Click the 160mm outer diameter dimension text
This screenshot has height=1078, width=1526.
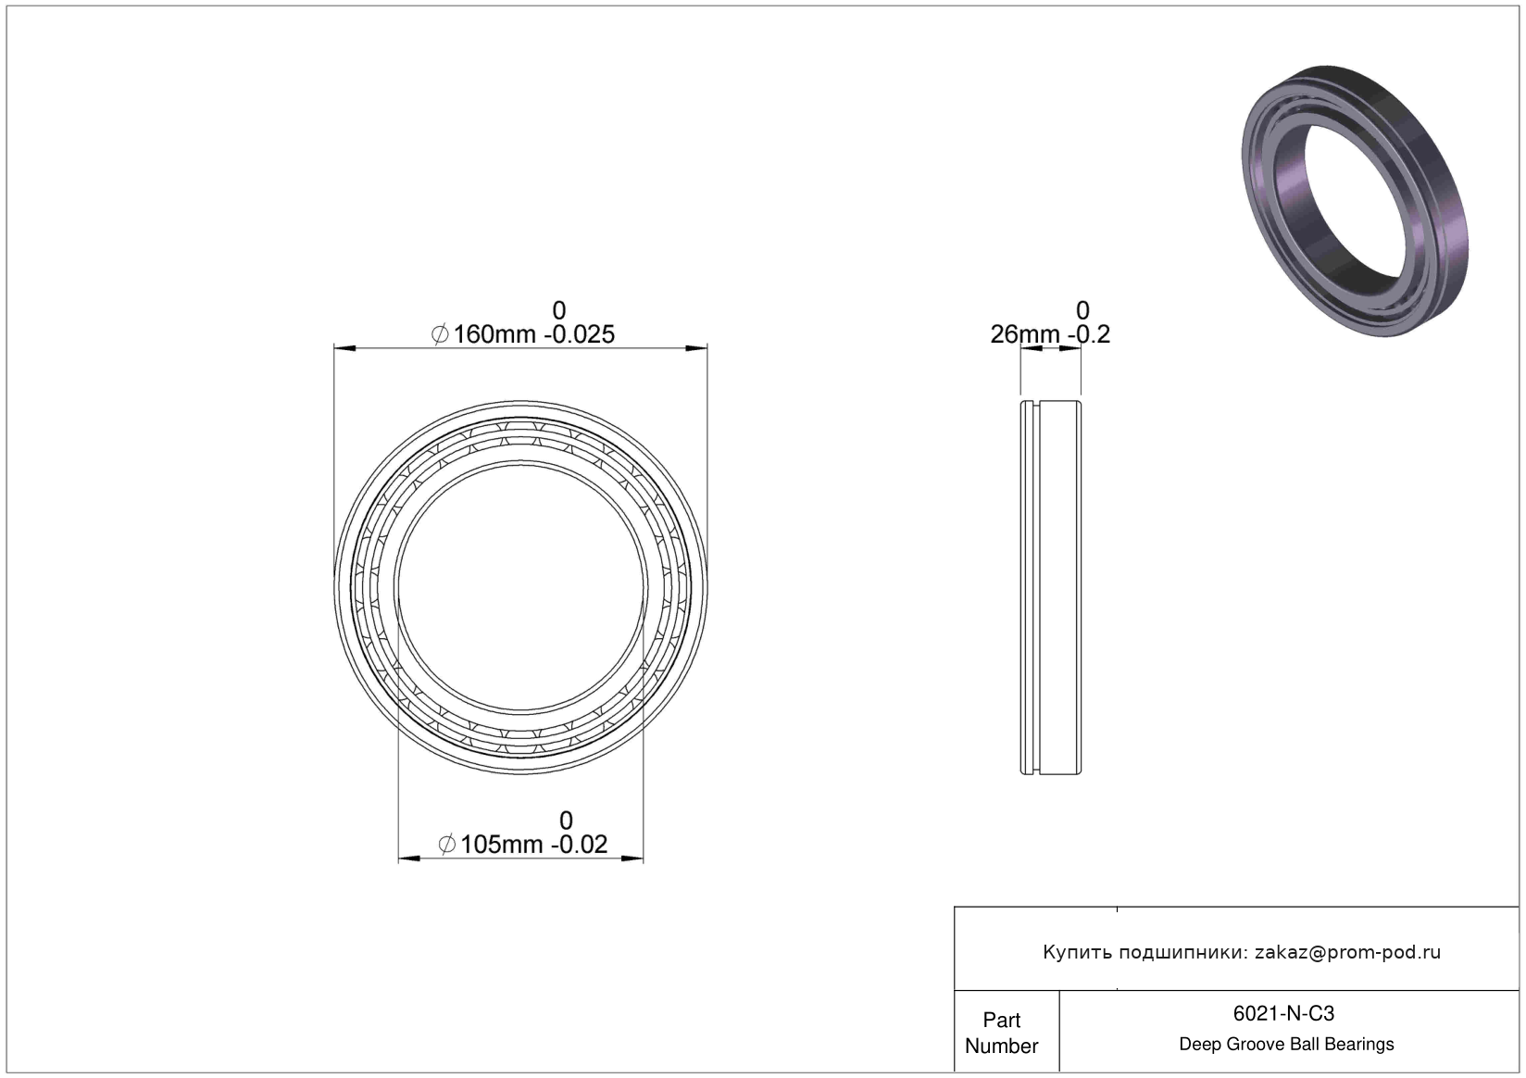coord(495,334)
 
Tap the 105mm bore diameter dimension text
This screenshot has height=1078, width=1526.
coord(502,845)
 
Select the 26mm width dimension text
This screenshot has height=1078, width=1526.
coord(1026,334)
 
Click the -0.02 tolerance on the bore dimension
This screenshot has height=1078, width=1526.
coord(579,845)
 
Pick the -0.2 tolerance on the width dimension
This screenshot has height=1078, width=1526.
coord(1089,334)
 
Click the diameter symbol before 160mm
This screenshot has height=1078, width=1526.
coord(440,334)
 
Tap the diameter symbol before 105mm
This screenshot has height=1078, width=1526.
coord(447,845)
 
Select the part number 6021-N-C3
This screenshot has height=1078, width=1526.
coord(1283,1013)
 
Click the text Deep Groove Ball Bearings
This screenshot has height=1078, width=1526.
coord(1286,1044)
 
